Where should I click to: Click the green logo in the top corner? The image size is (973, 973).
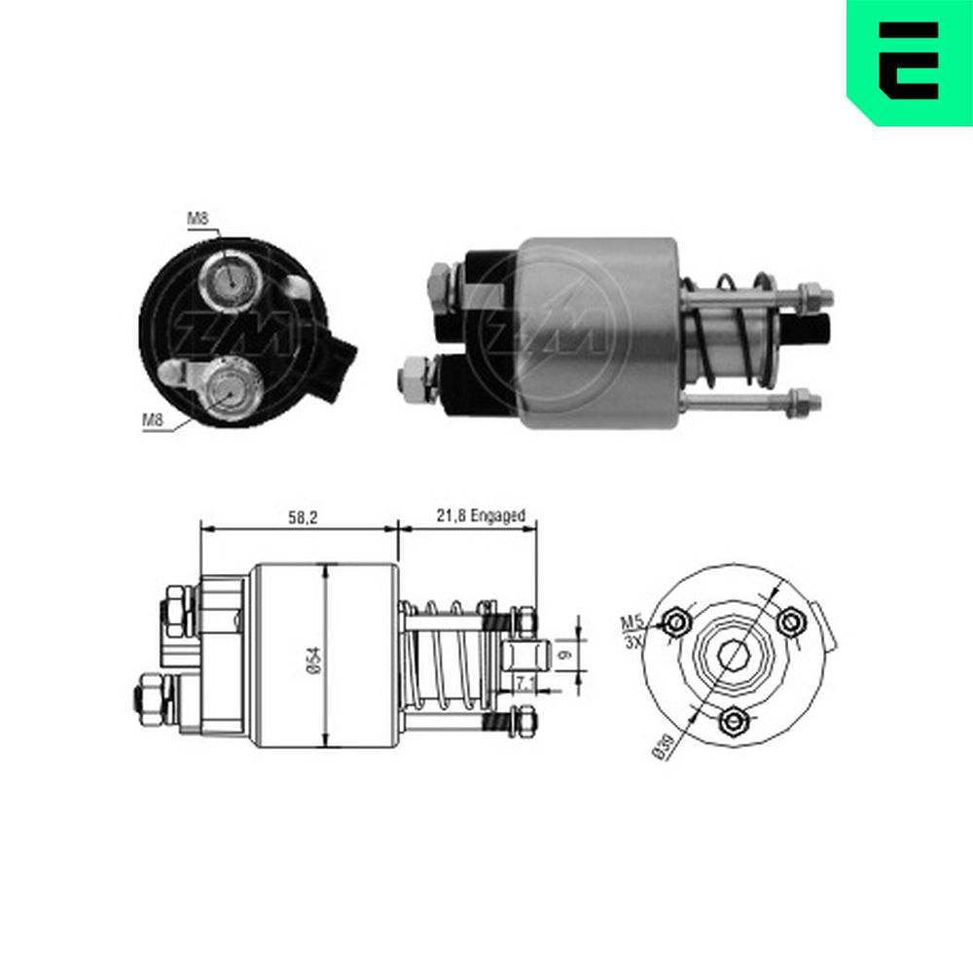(x=910, y=62)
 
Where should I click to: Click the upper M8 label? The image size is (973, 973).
(x=198, y=218)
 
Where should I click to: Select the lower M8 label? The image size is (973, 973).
(x=153, y=420)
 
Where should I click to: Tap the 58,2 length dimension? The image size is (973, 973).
(x=303, y=517)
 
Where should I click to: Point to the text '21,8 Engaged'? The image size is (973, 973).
(x=481, y=515)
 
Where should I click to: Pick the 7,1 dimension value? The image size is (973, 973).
(x=525, y=683)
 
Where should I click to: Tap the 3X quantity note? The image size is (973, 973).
(x=633, y=641)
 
